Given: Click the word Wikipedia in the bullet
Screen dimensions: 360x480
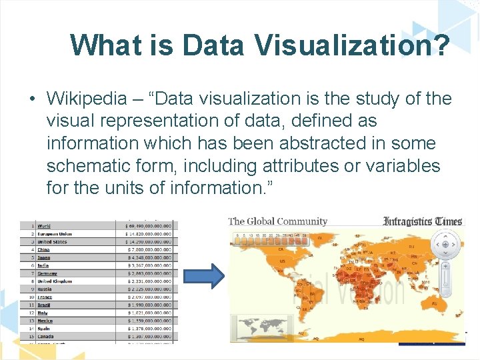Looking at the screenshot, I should pyautogui.click(x=86, y=99).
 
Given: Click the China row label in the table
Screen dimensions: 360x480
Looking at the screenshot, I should pyautogui.click(x=43, y=249).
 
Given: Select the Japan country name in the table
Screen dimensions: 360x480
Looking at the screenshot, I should pyautogui.click(x=45, y=257).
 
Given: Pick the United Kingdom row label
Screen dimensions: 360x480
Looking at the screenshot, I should pyautogui.click(x=56, y=281).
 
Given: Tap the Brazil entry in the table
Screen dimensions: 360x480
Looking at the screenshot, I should pyautogui.click(x=45, y=305).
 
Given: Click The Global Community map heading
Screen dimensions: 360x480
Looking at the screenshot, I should pyautogui.click(x=278, y=221).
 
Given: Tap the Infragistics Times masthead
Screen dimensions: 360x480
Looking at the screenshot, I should pyautogui.click(x=423, y=221).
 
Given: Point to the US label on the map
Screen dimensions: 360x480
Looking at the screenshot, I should pyautogui.click(x=283, y=261).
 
